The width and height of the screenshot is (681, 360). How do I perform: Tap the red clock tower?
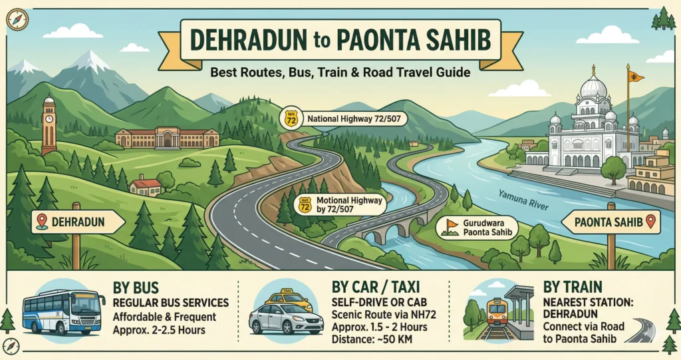tap(49, 126)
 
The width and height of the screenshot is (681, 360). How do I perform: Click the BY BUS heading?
tap(136, 288)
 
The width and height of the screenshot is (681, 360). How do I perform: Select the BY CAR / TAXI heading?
tap(377, 286)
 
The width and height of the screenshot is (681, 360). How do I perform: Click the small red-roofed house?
tap(146, 186)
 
